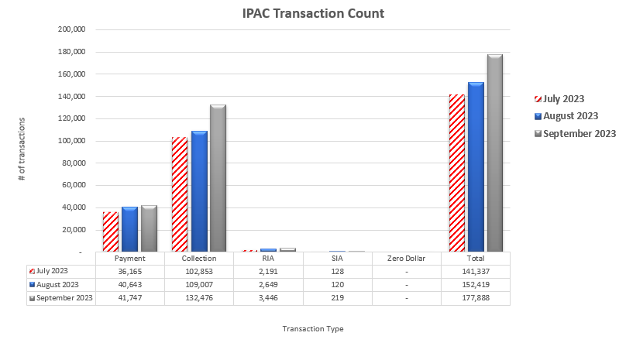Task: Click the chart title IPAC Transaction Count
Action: [312, 13]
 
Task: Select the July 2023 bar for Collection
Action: [180, 194]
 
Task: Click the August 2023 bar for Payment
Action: [129, 229]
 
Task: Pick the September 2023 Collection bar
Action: [218, 178]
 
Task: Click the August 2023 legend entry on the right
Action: [570, 116]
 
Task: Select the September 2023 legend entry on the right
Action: [579, 134]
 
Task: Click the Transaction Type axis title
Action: [313, 328]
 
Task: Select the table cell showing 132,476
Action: [199, 298]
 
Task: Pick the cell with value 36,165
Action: [129, 272]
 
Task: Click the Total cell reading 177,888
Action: [476, 298]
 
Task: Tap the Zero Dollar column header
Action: [406, 259]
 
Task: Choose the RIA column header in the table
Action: [268, 259]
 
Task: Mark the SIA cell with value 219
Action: [338, 298]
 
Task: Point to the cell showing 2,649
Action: [268, 285]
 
